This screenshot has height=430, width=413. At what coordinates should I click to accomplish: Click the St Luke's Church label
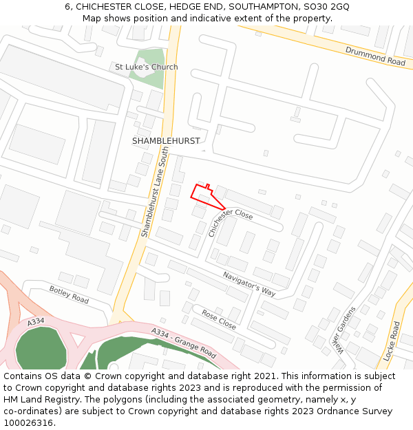[x=146, y=67]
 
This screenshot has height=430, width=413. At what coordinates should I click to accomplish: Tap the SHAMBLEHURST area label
[x=166, y=141]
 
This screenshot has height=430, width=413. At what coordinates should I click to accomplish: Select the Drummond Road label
[x=375, y=56]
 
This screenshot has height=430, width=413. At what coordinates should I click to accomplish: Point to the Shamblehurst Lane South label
[x=154, y=192]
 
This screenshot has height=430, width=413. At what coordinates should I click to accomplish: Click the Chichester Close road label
[x=231, y=222]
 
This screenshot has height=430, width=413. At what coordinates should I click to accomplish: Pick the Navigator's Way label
[x=248, y=283]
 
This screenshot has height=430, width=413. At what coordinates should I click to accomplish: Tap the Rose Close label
[x=219, y=319]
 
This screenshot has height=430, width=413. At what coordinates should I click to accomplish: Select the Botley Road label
[x=69, y=294]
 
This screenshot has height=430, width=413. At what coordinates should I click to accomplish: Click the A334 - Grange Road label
[x=184, y=343]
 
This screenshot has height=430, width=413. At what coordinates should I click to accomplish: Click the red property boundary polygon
[x=206, y=196]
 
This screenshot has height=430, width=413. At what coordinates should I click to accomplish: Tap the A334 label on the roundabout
[x=36, y=322]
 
